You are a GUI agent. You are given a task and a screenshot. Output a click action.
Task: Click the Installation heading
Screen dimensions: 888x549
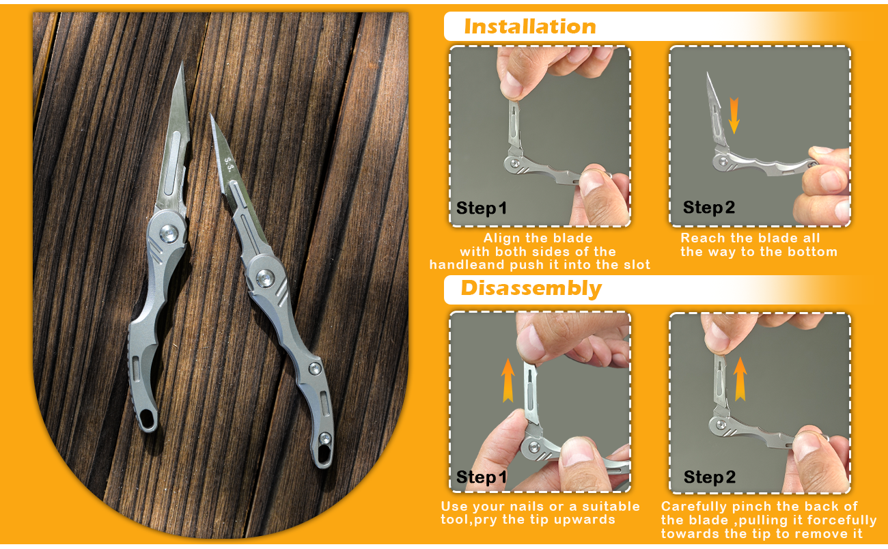pos(530,27)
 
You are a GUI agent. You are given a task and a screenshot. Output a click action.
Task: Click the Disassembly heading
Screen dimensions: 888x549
pos(531,288)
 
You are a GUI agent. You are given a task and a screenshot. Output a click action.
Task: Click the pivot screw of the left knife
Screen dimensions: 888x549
pos(169,233)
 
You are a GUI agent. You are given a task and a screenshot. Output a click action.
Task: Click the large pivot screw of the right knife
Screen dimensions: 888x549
pos(265,278)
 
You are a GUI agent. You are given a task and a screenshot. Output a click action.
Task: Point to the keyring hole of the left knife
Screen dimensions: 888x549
pos(148,419)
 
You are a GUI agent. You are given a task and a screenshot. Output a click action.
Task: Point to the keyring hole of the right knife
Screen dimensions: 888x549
pos(324,454)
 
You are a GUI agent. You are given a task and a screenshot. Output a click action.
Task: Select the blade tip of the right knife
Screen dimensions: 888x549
pos(211,115)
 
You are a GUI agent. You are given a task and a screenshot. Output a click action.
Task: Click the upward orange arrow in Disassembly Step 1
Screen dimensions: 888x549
pos(508,380)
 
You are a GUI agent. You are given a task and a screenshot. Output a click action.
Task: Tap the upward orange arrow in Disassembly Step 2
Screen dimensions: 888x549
pos(740,378)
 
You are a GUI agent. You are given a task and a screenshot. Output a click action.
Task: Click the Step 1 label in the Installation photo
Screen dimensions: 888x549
pos(482,208)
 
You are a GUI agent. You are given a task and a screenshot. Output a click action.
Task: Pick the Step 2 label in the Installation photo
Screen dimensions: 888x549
pos(709,208)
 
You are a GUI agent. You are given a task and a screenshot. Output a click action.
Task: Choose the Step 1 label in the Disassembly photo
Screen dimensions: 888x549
pos(482,477)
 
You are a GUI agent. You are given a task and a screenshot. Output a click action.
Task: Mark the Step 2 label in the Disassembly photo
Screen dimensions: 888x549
pos(710,477)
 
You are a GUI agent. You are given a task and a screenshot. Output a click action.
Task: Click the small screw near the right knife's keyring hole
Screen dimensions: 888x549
pos(325,438)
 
